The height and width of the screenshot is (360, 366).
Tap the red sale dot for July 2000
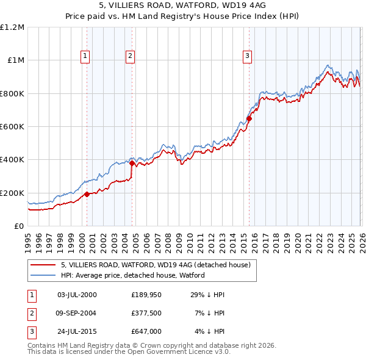click(87, 194)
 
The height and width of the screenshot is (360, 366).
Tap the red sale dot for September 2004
click(132, 163)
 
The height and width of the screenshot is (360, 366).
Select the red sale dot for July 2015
click(249, 118)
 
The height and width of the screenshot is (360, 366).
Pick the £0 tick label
click(19, 226)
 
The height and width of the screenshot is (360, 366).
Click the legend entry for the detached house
click(156, 265)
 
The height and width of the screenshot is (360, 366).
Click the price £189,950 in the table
click(145, 295)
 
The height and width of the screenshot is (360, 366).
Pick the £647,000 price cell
click(146, 333)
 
